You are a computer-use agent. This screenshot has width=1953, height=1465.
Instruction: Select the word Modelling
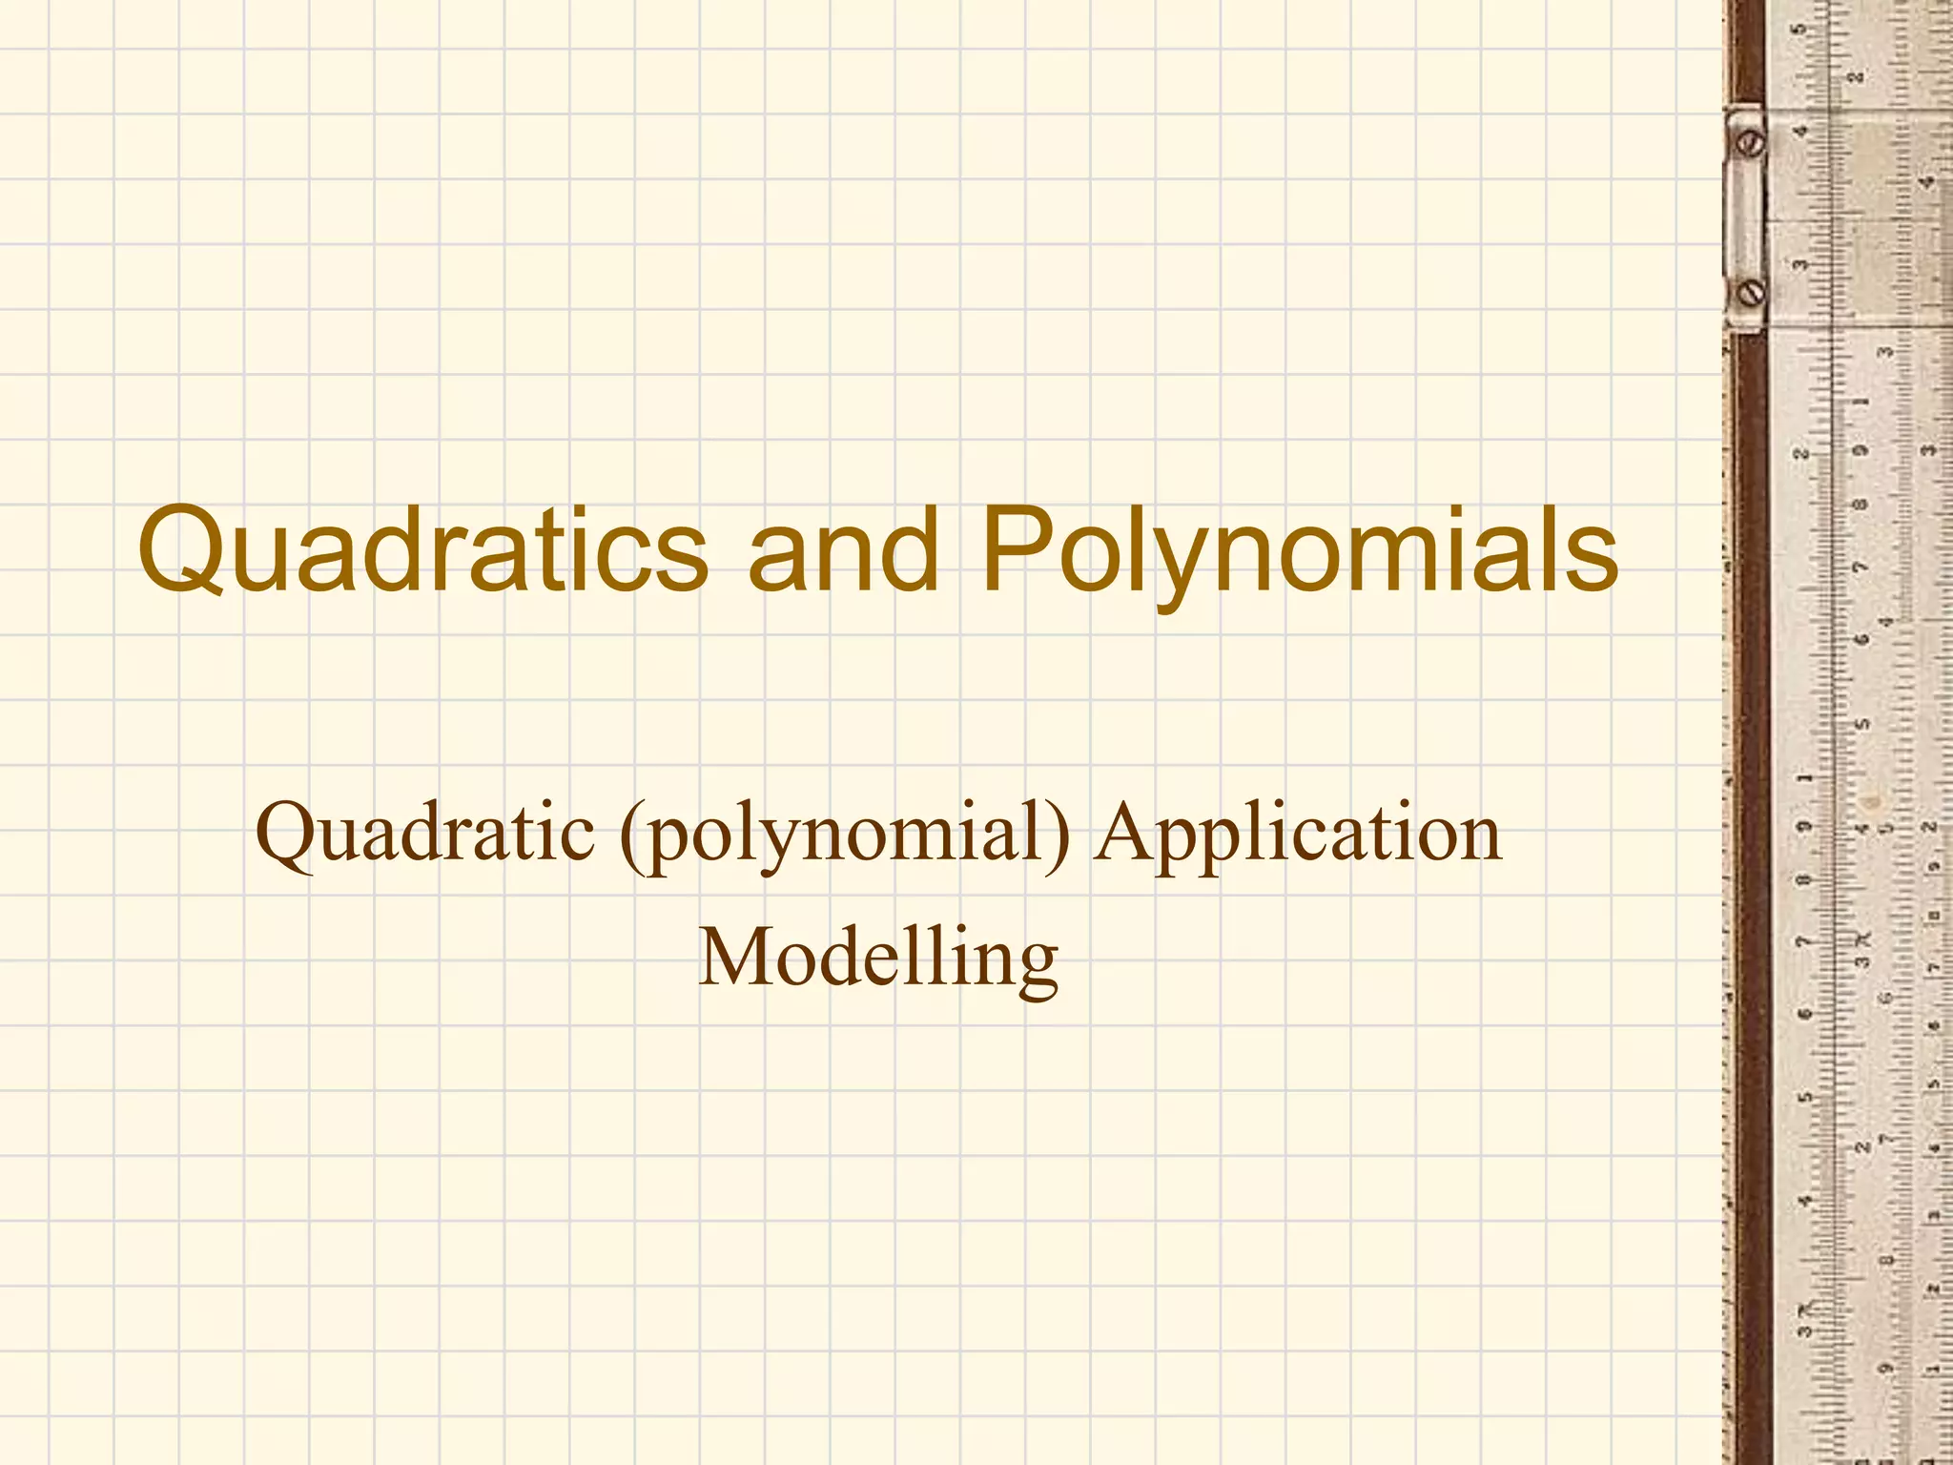pos(878,958)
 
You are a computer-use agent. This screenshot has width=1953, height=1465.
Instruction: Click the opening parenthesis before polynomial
pos(631,836)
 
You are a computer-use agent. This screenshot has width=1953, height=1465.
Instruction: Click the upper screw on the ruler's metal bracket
pos(1752,144)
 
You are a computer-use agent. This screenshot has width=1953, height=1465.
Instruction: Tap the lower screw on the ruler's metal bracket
pos(1752,292)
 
